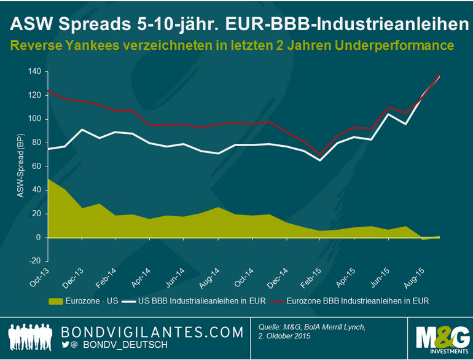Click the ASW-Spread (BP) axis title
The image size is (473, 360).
18,166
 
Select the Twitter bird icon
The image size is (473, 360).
66,345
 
